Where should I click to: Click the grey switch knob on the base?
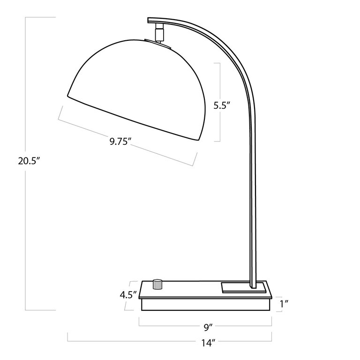[x=158, y=285]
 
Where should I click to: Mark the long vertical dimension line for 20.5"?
[x=25, y=234]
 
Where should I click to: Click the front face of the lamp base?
[x=206, y=305]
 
